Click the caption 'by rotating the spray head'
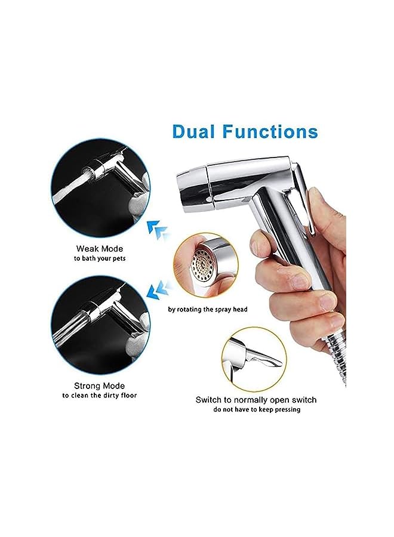tap(207, 309)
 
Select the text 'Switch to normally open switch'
tap(256, 400)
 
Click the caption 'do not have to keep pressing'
tap(257, 410)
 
